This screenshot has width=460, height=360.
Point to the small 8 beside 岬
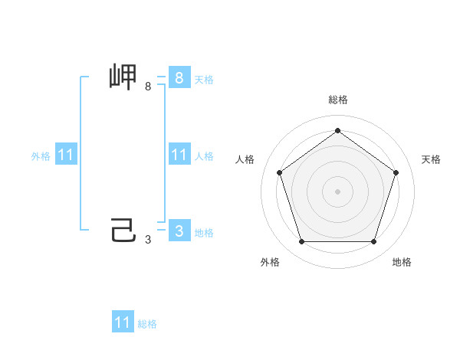[x=148, y=87]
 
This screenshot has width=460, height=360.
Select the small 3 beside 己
[x=148, y=239]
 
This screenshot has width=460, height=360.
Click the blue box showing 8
[x=179, y=77]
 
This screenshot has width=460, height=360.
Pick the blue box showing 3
[x=179, y=231]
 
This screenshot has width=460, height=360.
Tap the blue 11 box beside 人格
[x=179, y=155]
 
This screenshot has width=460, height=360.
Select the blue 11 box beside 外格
[x=66, y=155]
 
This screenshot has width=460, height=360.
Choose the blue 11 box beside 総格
[x=123, y=322]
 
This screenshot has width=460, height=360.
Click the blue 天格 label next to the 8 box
[x=204, y=79]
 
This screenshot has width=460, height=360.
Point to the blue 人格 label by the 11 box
[x=204, y=156]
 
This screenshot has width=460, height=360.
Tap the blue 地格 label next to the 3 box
[x=204, y=232]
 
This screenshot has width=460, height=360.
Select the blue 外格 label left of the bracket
[x=41, y=156]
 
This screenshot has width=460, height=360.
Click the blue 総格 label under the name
[x=147, y=324]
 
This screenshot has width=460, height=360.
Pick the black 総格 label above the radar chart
[x=337, y=100]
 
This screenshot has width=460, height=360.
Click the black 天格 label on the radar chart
[x=432, y=159]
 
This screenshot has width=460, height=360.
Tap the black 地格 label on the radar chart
[x=402, y=262]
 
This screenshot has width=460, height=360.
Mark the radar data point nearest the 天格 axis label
[x=396, y=172]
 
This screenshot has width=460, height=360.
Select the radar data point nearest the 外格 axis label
[x=301, y=242]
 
